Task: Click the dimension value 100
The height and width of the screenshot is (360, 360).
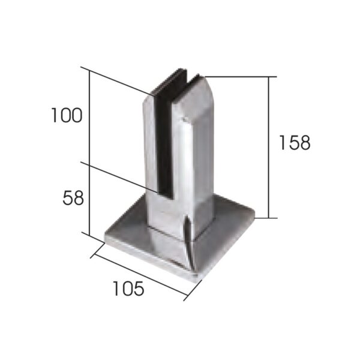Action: (66, 115)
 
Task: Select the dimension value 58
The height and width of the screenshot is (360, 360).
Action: (73, 197)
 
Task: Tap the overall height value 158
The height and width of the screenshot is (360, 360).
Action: (295, 143)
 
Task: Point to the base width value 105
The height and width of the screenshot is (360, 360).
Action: (128, 289)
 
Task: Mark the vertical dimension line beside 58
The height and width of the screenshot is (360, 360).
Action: (89, 198)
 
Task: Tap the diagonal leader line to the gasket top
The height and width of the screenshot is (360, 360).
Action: (120, 82)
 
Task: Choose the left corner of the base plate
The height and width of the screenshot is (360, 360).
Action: (107, 238)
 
